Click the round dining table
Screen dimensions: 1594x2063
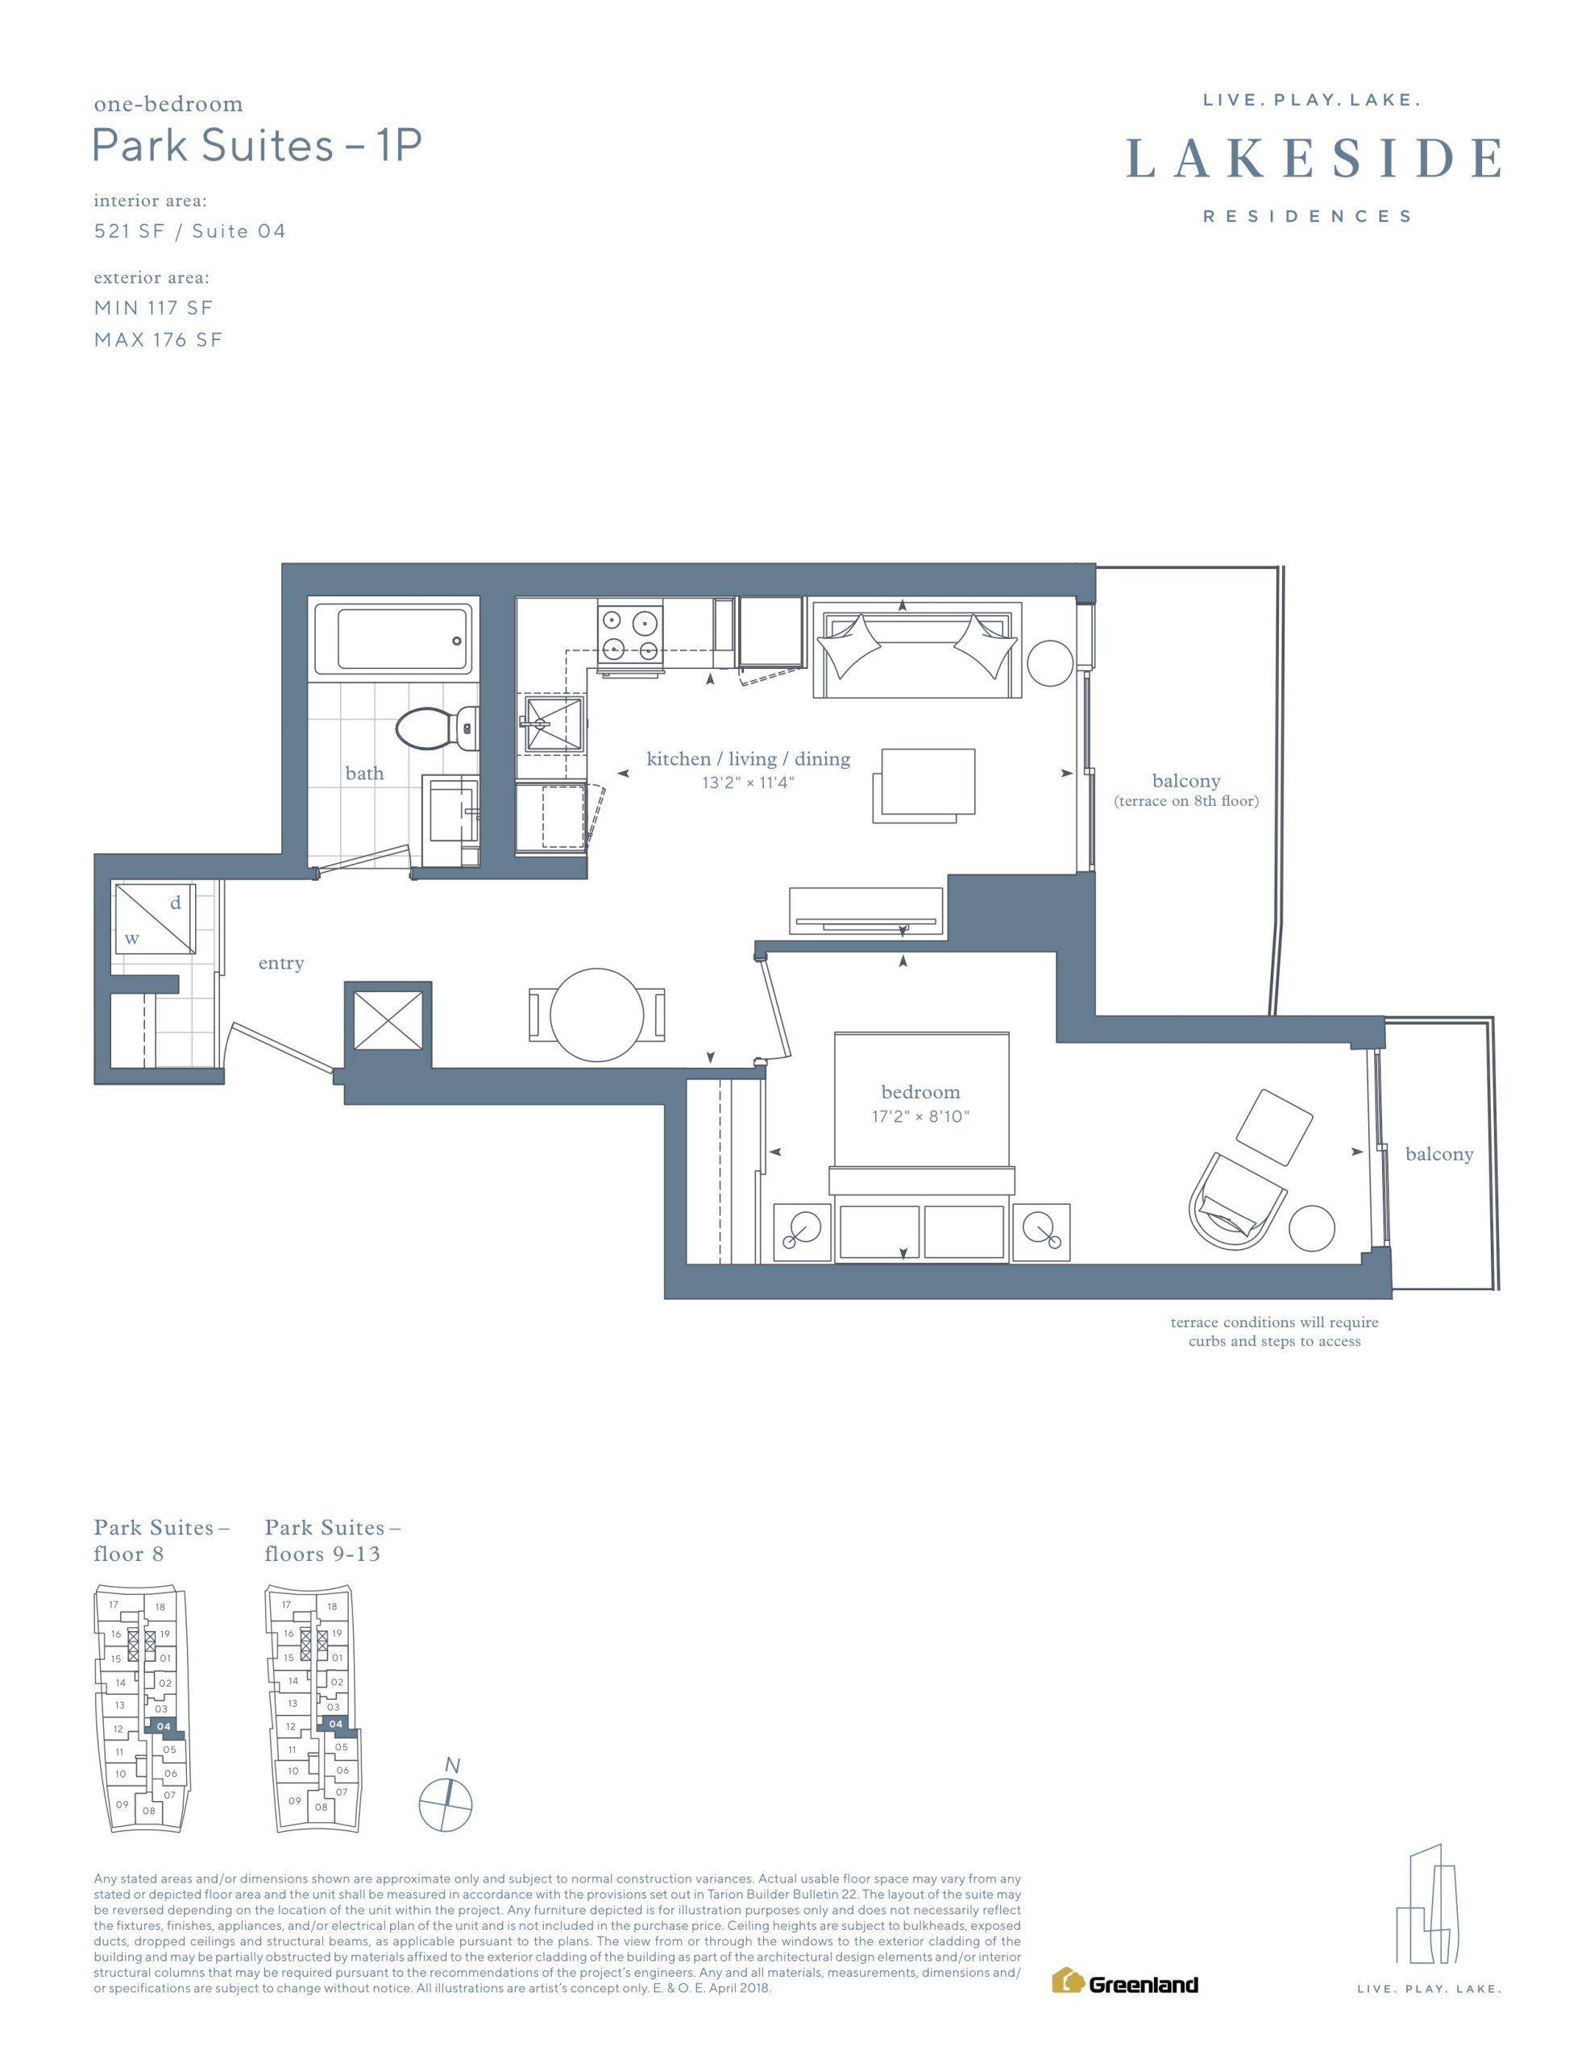coord(596,1015)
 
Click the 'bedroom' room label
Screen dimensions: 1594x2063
coord(920,1092)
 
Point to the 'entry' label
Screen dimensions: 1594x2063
coord(280,964)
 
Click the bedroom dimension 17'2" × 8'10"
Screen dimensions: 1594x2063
coord(920,1116)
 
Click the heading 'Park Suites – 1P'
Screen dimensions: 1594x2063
coord(257,146)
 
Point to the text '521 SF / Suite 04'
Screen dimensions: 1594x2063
coord(190,231)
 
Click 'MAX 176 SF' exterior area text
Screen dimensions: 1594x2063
coord(158,340)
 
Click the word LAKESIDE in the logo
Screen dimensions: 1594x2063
coord(1314,159)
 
